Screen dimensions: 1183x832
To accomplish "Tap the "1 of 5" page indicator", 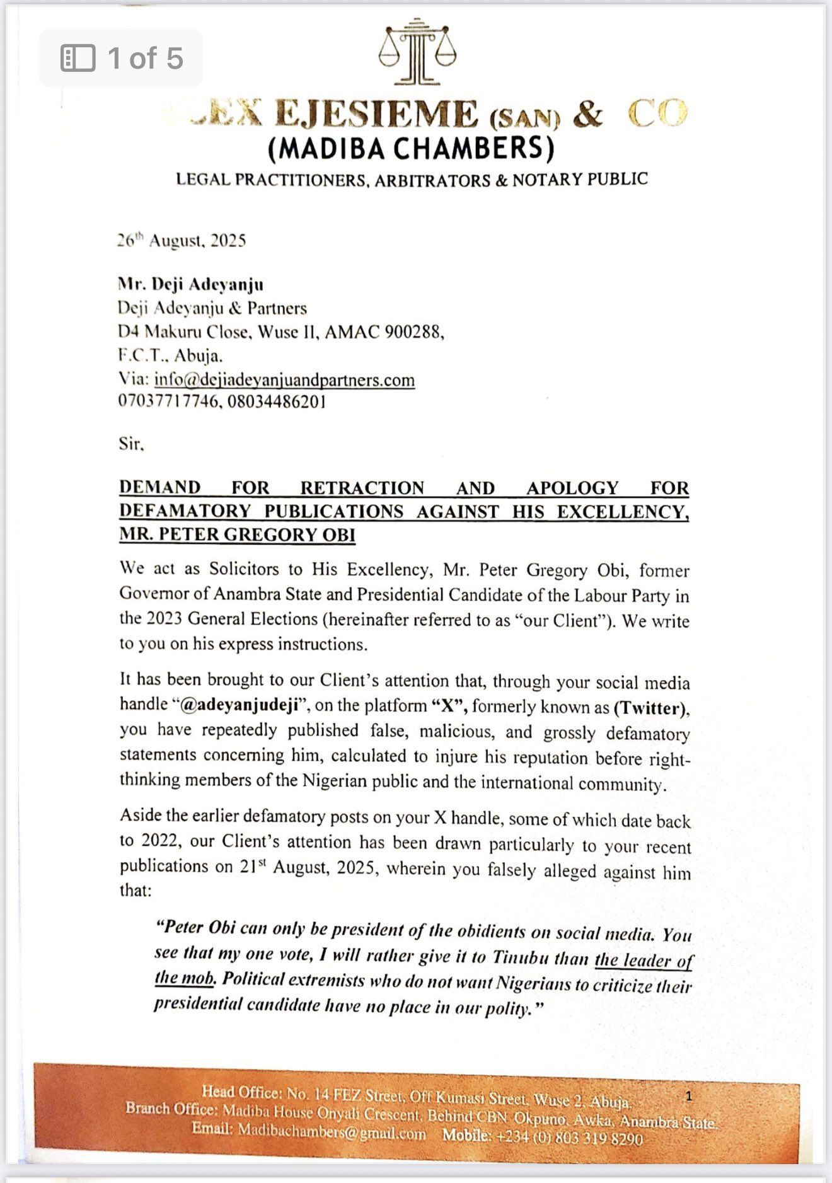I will coord(121,58).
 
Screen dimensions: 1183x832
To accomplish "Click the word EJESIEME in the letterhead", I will coord(376,115).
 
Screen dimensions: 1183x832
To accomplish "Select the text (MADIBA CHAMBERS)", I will coord(412,149).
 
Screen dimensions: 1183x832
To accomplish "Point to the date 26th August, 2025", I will coord(182,241).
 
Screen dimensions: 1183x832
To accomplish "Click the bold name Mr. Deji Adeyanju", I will coord(191,284).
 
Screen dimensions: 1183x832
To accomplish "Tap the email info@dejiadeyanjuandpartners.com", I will coord(284,380).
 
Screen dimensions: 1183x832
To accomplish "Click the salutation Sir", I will coord(131,444).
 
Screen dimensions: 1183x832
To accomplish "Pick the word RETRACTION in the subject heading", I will coord(362,488).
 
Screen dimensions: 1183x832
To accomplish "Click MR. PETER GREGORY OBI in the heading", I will coord(237,534).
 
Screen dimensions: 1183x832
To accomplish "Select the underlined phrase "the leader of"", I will coord(644,960).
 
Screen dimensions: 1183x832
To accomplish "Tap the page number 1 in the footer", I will coord(689,1096).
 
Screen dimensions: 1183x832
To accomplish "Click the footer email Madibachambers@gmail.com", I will coord(332,1132).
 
